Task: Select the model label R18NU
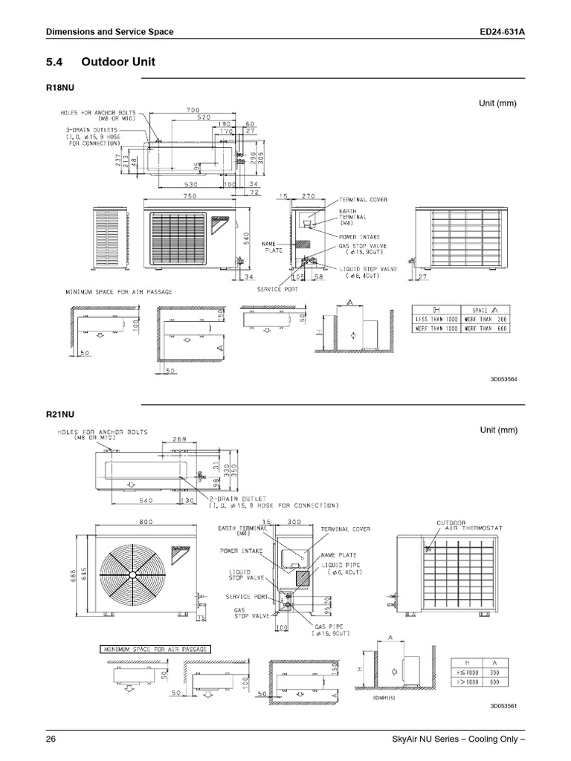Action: click(x=61, y=88)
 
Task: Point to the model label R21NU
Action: click(x=61, y=414)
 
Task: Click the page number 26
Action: click(x=51, y=739)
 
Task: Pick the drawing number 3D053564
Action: click(x=503, y=379)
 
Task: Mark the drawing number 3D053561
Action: click(x=503, y=705)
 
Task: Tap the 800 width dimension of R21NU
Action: click(x=138, y=522)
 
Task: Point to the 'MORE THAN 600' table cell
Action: click(x=485, y=329)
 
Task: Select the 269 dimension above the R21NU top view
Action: click(x=179, y=439)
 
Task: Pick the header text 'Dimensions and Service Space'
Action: click(x=109, y=32)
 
